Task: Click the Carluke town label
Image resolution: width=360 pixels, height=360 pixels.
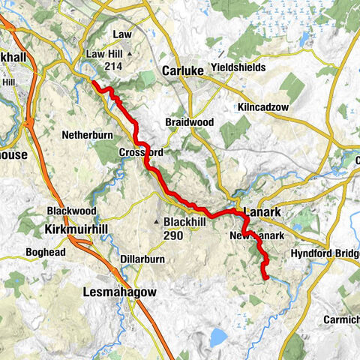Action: coord(184,70)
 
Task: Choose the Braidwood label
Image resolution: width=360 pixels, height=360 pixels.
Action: coord(186,121)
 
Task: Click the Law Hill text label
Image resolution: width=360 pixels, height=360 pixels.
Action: coord(105,54)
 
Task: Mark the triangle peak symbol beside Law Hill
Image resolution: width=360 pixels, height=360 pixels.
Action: coord(130,55)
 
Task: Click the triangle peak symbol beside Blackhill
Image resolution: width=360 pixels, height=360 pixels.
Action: coord(157,223)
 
